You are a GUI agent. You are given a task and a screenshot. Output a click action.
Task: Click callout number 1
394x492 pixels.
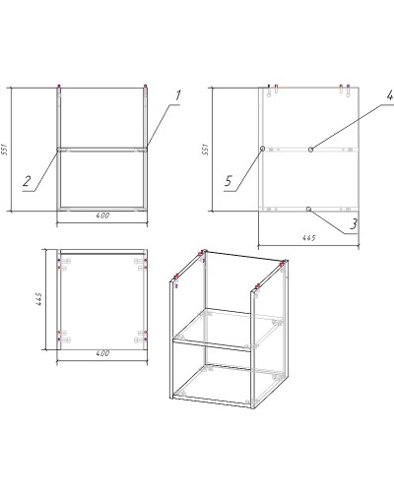point(177,95)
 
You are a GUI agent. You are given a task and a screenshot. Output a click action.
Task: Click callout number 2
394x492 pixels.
point(27,181)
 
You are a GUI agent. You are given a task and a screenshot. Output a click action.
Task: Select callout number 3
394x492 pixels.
point(354,224)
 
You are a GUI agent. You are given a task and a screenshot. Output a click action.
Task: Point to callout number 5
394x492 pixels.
point(229,181)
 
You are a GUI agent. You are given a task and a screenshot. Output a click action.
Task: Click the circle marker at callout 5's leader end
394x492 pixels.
point(262,149)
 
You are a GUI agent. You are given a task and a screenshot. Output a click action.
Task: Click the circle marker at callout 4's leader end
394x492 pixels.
point(310,150)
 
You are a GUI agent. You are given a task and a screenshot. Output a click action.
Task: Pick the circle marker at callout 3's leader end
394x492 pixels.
point(308,209)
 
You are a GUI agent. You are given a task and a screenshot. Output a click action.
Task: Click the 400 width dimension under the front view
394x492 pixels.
point(102,215)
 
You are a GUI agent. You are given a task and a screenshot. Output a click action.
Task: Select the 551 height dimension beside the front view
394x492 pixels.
point(6,150)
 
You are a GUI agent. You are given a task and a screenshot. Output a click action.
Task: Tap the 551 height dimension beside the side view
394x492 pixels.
point(206,150)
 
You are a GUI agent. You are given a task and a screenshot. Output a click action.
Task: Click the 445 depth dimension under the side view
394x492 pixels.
point(308,238)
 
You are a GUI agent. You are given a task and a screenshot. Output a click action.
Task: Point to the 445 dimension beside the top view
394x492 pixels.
point(38,299)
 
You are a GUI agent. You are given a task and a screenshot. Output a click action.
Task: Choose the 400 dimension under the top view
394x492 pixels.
point(102,353)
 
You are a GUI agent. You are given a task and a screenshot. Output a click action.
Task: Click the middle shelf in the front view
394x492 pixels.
point(102,150)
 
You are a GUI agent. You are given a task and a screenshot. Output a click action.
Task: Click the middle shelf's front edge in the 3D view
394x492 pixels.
point(213,345)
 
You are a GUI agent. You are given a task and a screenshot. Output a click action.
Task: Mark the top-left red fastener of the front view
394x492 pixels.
point(59,87)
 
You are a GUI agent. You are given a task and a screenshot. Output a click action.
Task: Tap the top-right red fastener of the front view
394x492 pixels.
point(145,87)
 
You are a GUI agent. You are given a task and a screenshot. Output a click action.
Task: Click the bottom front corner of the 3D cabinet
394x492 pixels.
point(253,408)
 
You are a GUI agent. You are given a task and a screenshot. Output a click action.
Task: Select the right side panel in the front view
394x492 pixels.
point(146,150)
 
